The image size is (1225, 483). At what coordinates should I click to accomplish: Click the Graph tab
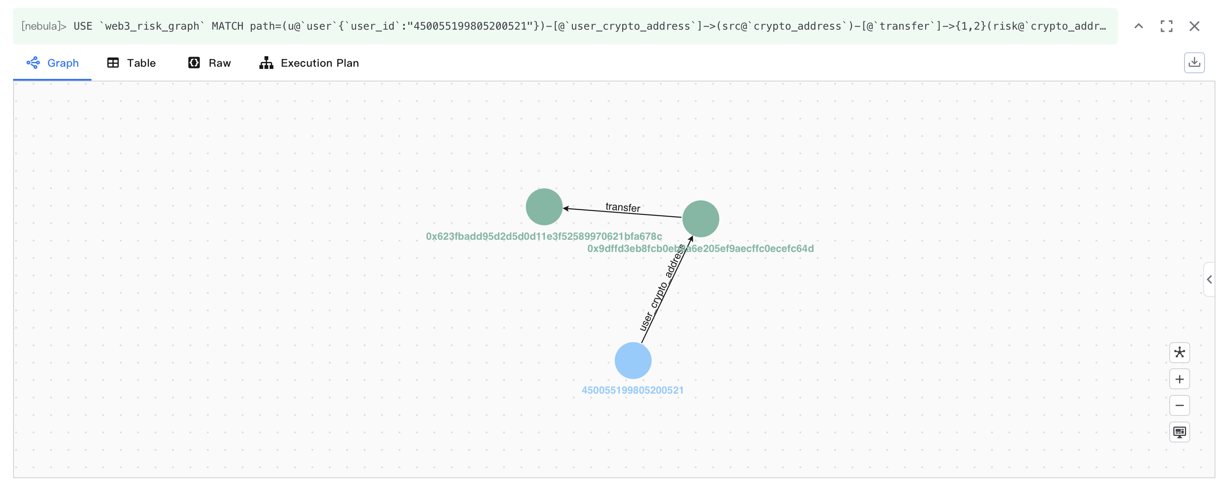(53, 63)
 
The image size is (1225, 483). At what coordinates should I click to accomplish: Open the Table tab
(132, 63)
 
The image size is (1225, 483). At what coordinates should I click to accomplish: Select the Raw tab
(209, 63)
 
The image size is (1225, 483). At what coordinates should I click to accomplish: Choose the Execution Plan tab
(309, 63)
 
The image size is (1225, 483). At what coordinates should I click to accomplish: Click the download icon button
(1194, 62)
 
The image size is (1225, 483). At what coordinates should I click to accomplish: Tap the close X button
(1194, 26)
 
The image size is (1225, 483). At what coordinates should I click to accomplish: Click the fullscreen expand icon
(1166, 26)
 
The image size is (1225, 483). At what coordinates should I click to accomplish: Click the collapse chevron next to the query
(1138, 26)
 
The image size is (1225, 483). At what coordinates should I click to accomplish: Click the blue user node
(633, 360)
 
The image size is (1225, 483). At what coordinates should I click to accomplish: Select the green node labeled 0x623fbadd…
(544, 207)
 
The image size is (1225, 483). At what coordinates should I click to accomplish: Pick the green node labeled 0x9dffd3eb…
(700, 218)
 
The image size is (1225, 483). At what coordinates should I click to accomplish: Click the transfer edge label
(623, 207)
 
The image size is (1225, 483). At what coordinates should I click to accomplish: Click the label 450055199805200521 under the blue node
(633, 390)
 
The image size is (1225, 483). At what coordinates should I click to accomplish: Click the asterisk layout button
(1179, 353)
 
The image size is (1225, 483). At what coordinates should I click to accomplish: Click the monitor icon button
(1179, 432)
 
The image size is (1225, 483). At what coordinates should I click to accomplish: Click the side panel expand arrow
(1209, 279)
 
